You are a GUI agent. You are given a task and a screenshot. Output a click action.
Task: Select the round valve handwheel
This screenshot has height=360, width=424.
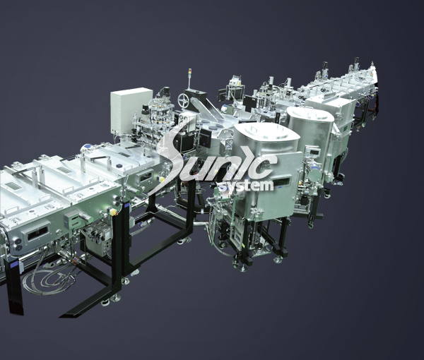click(184, 100)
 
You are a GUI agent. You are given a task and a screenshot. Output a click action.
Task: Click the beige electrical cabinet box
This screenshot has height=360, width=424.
click(131, 109)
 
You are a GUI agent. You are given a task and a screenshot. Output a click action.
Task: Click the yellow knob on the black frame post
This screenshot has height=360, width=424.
click(114, 210)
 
